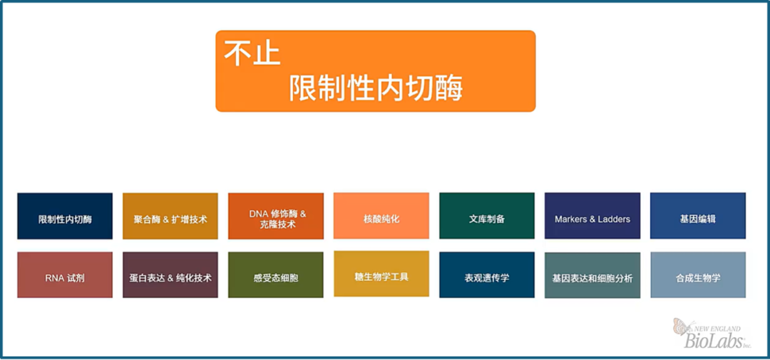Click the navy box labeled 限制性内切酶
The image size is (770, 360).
[x=65, y=216]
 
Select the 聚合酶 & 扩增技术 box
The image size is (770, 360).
[x=170, y=216]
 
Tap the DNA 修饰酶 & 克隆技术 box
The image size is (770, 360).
[x=276, y=216]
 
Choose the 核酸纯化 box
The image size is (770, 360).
[x=381, y=215]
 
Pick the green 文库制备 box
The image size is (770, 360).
[x=487, y=215]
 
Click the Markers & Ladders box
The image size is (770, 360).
[x=592, y=215]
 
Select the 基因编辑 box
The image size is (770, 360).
[x=698, y=215]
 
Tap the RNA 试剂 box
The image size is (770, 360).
[x=65, y=275]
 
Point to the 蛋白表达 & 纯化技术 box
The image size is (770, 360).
[x=170, y=275]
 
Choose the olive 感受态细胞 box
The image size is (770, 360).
[x=276, y=275]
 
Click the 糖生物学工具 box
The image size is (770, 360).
[x=381, y=274]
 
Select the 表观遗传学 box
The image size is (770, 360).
[x=487, y=275]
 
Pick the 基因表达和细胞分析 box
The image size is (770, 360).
[x=592, y=276]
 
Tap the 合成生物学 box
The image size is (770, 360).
[x=698, y=275]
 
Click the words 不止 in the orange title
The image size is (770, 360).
[x=252, y=53]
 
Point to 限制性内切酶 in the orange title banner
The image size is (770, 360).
[x=376, y=88]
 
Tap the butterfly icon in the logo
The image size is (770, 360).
[x=682, y=326]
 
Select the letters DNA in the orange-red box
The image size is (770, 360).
[x=258, y=214]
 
